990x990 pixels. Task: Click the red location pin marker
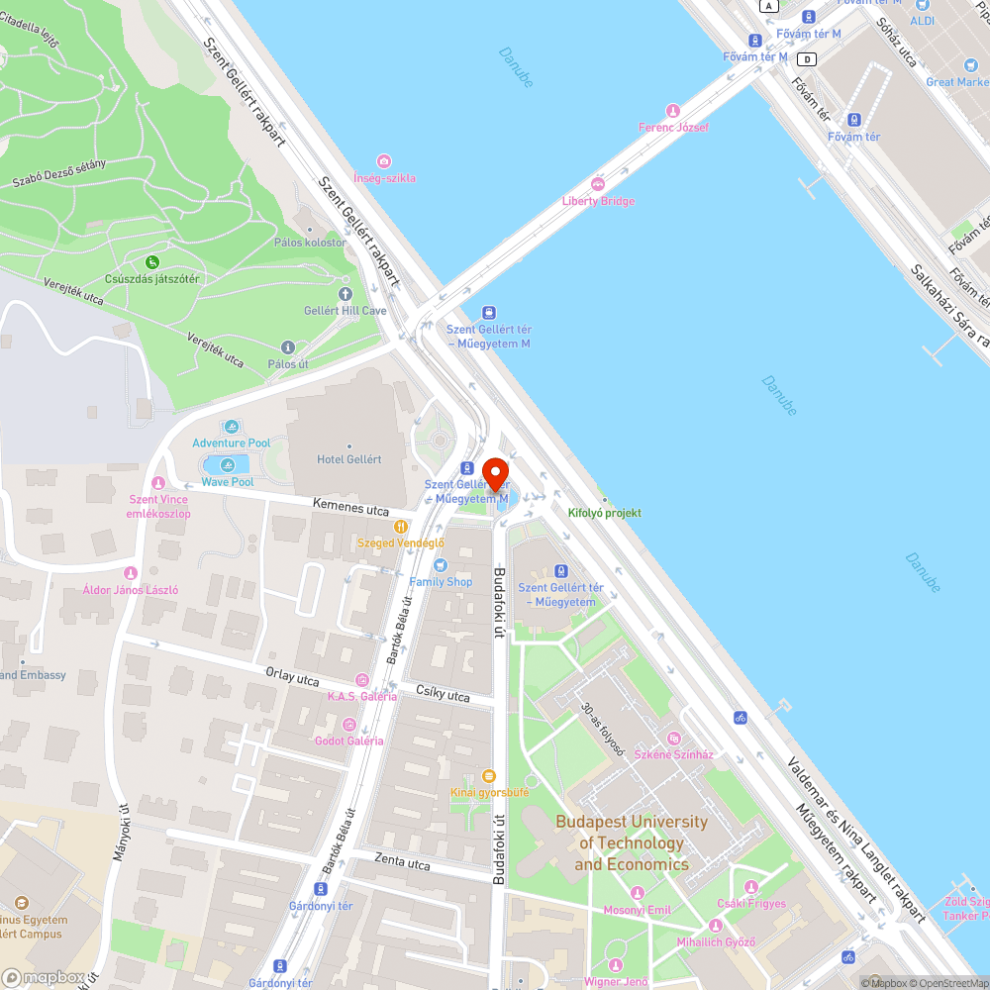495,474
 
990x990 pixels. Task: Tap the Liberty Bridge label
598,201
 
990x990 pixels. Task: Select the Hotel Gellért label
348,459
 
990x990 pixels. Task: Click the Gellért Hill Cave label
345,310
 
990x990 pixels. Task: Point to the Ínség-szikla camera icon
384,161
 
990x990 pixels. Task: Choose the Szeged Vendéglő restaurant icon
401,527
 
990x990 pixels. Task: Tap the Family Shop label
441,581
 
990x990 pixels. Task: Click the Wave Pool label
228,482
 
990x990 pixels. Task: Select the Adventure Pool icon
232,427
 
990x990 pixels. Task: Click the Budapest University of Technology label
632,842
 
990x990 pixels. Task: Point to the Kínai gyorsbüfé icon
487,776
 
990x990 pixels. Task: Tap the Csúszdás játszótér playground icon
151,262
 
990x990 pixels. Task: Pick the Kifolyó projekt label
605,513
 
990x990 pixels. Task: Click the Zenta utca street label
403,862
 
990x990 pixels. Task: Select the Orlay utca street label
292,676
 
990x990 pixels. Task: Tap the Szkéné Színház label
673,754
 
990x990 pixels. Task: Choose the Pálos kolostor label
310,243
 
